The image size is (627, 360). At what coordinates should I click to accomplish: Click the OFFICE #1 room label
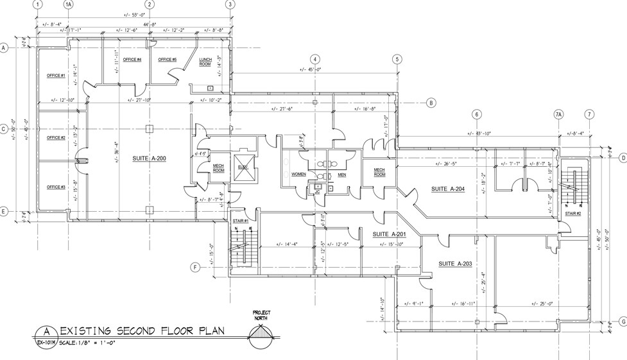coord(56,76)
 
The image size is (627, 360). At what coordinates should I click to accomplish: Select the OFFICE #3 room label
coord(56,187)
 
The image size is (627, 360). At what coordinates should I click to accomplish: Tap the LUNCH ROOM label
coord(205,62)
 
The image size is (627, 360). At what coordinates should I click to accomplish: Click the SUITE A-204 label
coord(447,189)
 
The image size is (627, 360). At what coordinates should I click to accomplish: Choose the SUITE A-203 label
coord(455,264)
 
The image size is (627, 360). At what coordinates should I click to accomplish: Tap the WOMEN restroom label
coord(298,174)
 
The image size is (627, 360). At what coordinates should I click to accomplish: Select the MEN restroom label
coord(342,174)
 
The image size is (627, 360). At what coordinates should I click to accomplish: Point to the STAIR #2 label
coord(572,213)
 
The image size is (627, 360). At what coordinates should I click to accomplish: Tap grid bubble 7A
coord(558,115)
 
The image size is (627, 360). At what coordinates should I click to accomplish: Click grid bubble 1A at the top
coord(69,4)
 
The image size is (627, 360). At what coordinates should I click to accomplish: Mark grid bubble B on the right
coord(432,103)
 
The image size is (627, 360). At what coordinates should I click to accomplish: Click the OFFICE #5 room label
coord(167,60)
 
